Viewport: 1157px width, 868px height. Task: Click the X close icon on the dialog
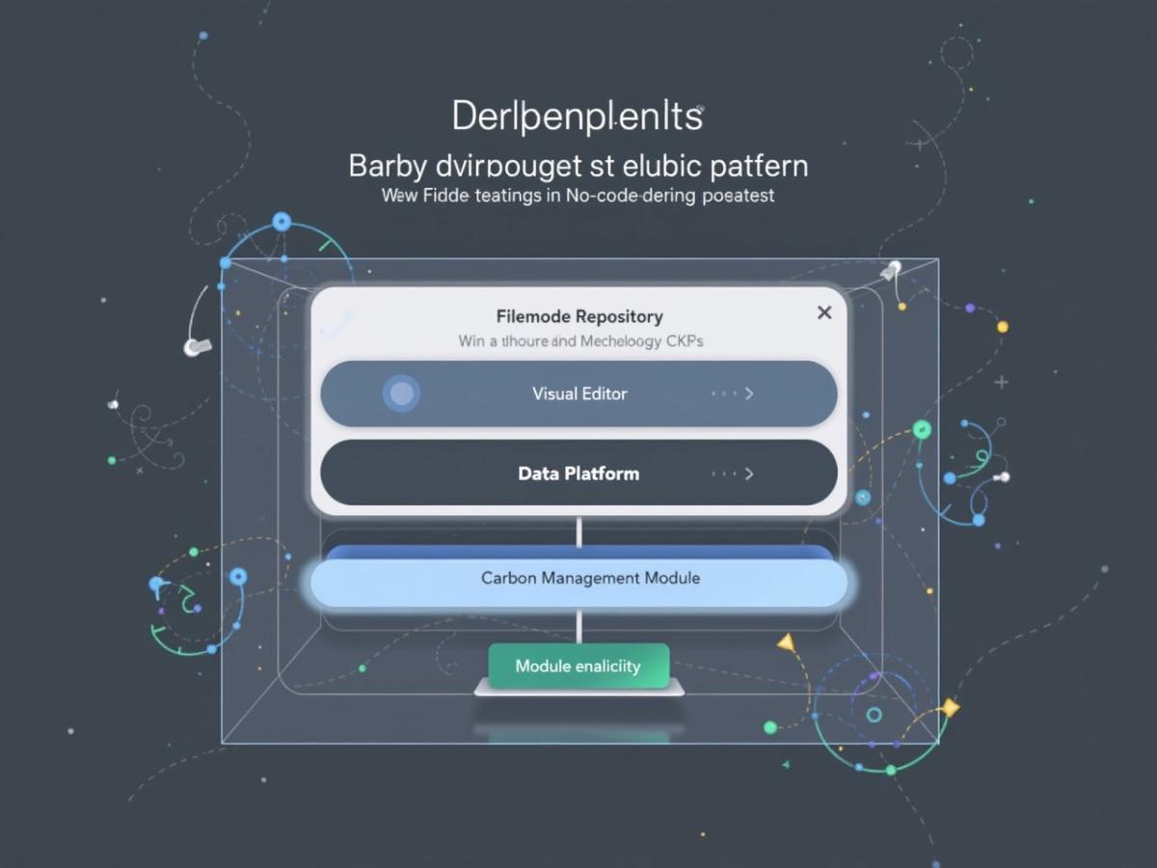pos(824,312)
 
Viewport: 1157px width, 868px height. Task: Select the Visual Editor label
pos(579,393)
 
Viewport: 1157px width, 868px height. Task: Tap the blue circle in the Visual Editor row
pos(401,393)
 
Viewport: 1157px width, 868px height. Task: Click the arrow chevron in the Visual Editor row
pos(749,393)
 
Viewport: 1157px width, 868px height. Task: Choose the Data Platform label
pos(578,474)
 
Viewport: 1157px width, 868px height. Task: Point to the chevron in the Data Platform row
pos(749,474)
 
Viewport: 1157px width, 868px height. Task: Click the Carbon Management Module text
pos(590,579)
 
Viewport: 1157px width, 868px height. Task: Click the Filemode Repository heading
pos(579,316)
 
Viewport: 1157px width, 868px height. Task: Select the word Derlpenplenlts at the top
pos(578,117)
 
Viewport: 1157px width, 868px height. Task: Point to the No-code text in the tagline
pos(578,196)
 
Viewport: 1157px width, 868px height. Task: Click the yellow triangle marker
pos(787,642)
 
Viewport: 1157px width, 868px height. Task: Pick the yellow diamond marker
pos(950,709)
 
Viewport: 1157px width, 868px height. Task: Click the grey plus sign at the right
pos(1001,382)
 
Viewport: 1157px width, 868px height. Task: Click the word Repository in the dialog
pos(619,316)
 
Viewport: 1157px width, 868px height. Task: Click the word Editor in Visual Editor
pos(605,393)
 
